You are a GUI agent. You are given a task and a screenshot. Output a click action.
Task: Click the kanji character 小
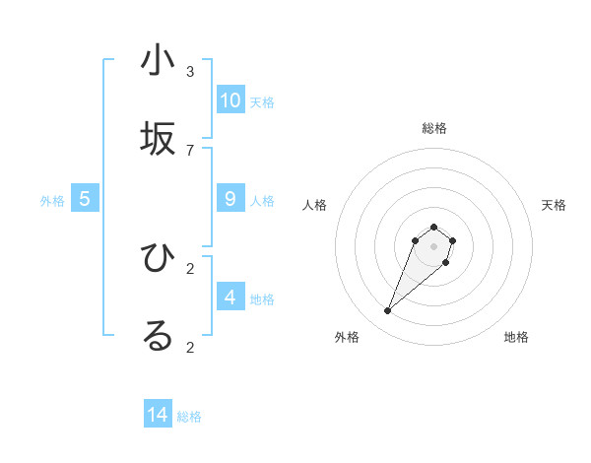tap(158, 61)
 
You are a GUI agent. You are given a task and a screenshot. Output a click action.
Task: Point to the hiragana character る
tap(158, 336)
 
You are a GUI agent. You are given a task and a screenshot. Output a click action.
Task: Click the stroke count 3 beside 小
tap(190, 71)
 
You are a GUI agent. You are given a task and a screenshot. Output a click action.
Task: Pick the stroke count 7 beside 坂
tap(190, 150)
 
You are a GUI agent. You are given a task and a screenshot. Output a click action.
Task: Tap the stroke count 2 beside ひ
tap(190, 268)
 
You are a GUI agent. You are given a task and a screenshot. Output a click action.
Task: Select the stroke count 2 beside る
tap(190, 347)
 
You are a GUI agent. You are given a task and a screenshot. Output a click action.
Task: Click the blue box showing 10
tap(230, 100)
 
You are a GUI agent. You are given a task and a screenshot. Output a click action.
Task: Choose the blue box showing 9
tap(230, 199)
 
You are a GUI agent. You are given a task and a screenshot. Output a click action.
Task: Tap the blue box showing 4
tap(230, 297)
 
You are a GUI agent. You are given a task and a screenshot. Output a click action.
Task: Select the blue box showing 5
tap(85, 199)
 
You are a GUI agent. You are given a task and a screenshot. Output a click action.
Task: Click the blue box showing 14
tap(158, 415)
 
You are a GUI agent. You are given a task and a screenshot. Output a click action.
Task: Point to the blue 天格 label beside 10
tap(262, 102)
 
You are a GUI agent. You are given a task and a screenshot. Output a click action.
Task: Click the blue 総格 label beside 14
tap(189, 417)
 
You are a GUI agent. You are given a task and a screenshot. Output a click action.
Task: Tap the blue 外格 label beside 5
tap(52, 201)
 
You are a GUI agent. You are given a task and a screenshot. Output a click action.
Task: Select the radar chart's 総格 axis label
tap(433, 128)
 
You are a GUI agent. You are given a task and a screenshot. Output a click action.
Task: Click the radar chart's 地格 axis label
tap(516, 337)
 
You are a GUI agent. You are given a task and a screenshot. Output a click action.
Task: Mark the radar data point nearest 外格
tap(388, 311)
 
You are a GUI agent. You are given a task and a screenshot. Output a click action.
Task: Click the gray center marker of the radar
tap(433, 245)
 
